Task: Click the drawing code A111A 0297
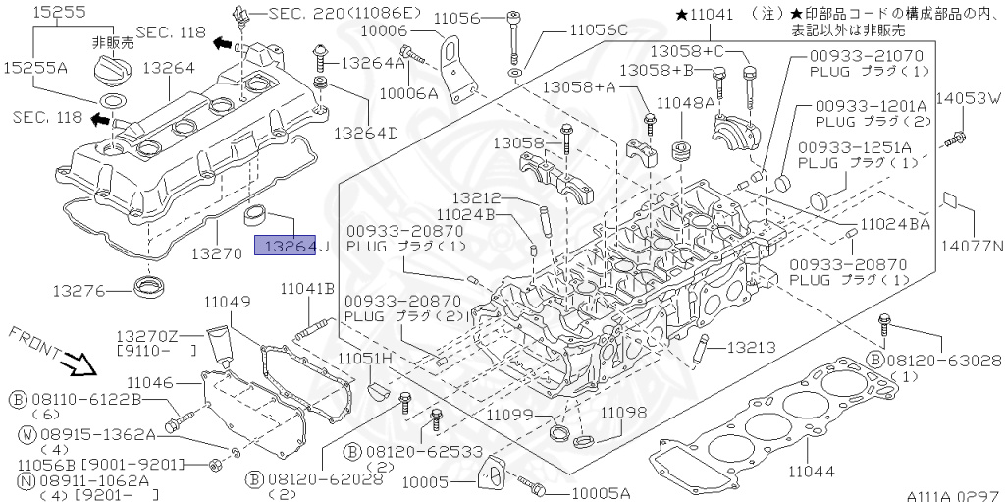click(951, 494)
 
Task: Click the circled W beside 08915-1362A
click(19, 433)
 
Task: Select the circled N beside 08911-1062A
click(19, 480)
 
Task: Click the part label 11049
click(228, 300)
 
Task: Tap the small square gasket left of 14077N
click(948, 199)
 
